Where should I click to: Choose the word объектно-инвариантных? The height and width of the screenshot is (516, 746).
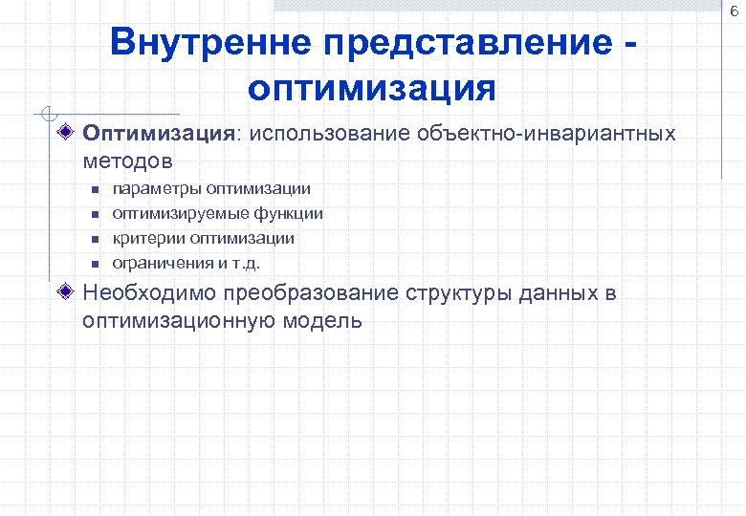click(x=545, y=133)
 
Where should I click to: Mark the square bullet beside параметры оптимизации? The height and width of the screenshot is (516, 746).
click(x=96, y=190)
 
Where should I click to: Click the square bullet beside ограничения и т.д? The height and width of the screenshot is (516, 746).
click(x=96, y=262)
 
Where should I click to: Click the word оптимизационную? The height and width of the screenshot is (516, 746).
click(x=180, y=320)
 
